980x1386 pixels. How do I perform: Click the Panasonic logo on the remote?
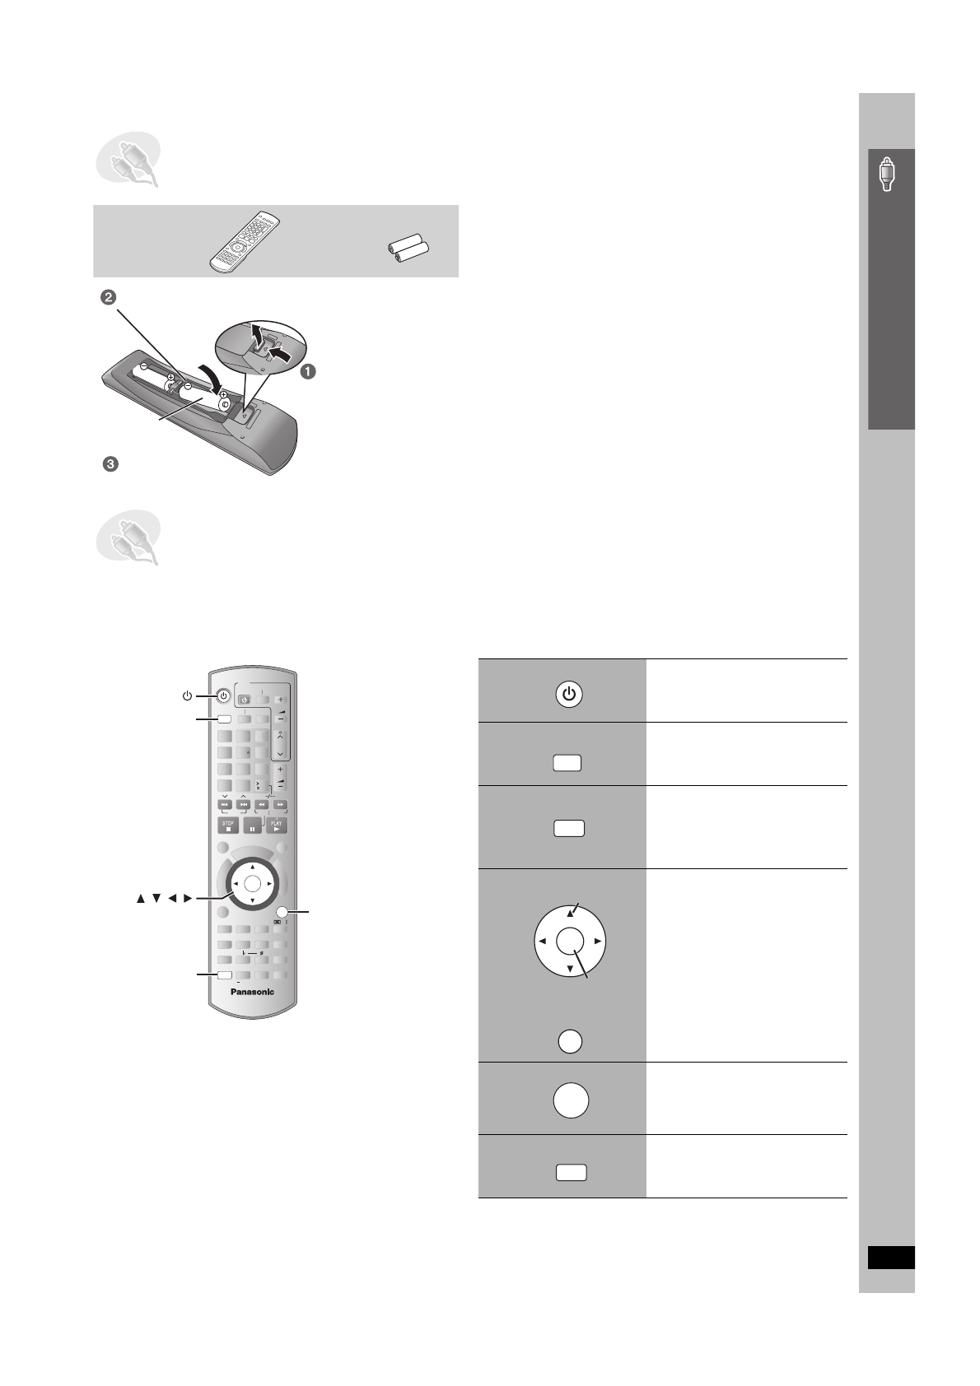click(251, 991)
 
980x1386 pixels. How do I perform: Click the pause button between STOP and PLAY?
click(252, 826)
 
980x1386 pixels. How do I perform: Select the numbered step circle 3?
click(109, 465)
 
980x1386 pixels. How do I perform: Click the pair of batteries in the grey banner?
click(409, 249)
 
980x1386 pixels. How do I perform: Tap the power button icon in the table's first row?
click(568, 695)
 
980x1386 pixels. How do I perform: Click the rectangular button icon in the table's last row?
click(570, 1173)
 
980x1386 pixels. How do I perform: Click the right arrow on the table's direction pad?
click(598, 940)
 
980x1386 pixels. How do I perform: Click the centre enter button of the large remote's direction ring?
click(252, 883)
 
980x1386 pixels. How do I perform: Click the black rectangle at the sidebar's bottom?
click(890, 1258)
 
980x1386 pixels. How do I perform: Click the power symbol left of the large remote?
click(188, 695)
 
